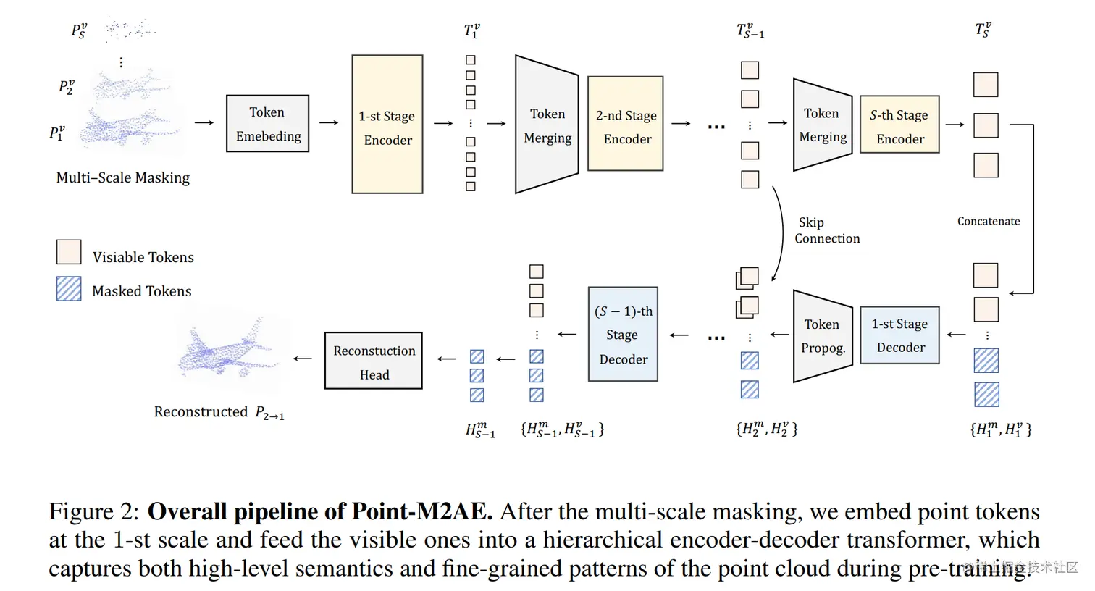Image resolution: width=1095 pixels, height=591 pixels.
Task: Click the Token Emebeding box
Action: click(x=267, y=123)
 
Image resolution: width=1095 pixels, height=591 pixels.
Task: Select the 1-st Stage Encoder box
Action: click(x=387, y=124)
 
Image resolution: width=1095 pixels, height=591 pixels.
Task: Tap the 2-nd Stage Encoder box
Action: click(x=625, y=124)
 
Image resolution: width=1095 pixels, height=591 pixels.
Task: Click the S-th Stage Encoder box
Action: click(x=899, y=124)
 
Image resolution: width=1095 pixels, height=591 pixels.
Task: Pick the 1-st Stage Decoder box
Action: click(x=899, y=335)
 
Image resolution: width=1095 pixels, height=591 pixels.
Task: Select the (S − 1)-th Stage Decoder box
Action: click(x=622, y=334)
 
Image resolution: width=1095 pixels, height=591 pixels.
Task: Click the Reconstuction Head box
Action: click(x=373, y=361)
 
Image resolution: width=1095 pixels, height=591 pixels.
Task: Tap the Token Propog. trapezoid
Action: click(x=822, y=335)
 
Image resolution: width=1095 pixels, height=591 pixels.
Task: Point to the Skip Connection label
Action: click(x=826, y=230)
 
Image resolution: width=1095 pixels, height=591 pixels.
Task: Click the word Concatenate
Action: click(x=988, y=222)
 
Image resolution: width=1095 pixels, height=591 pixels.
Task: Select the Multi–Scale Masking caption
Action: click(x=123, y=177)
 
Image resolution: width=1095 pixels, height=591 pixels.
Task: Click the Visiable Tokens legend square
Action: click(x=69, y=252)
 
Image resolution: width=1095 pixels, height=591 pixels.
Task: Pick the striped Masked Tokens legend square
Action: click(x=69, y=289)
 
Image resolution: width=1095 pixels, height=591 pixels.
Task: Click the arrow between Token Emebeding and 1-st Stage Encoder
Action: click(x=329, y=123)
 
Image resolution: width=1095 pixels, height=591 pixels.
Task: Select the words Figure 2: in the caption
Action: click(x=93, y=511)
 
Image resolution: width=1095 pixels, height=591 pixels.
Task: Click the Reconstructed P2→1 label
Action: click(x=219, y=412)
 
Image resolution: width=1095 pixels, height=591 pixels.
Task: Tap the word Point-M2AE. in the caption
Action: click(x=421, y=511)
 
